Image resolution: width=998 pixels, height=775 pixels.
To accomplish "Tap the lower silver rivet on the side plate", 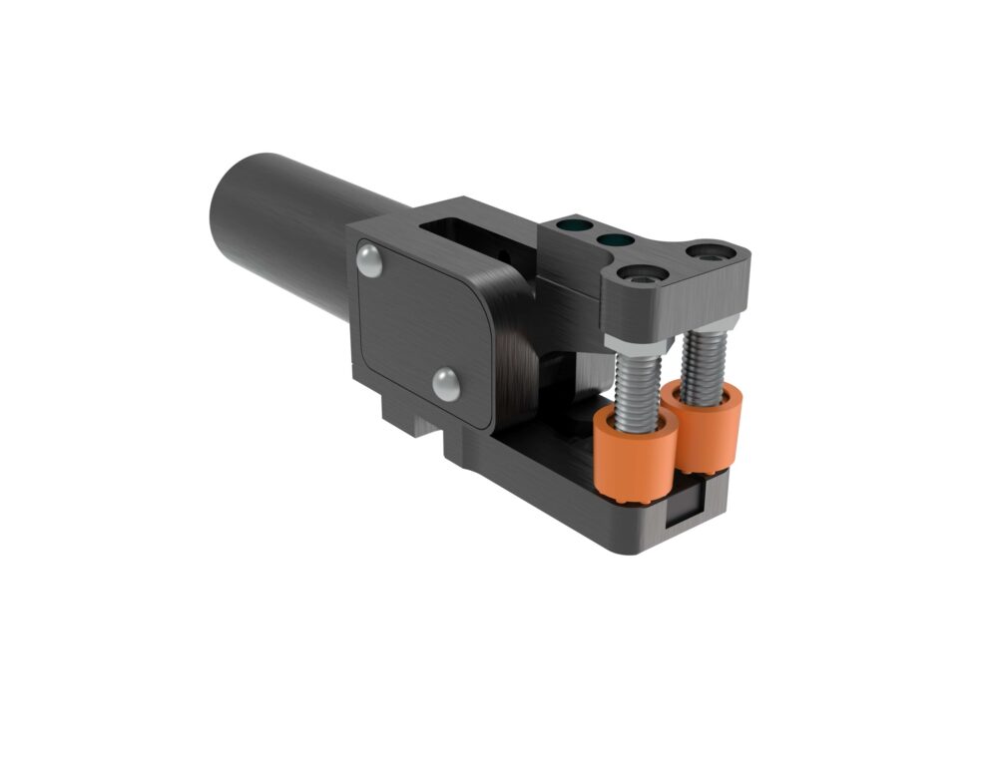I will click(x=445, y=383).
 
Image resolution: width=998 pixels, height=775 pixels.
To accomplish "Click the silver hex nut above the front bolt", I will click(x=630, y=348).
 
